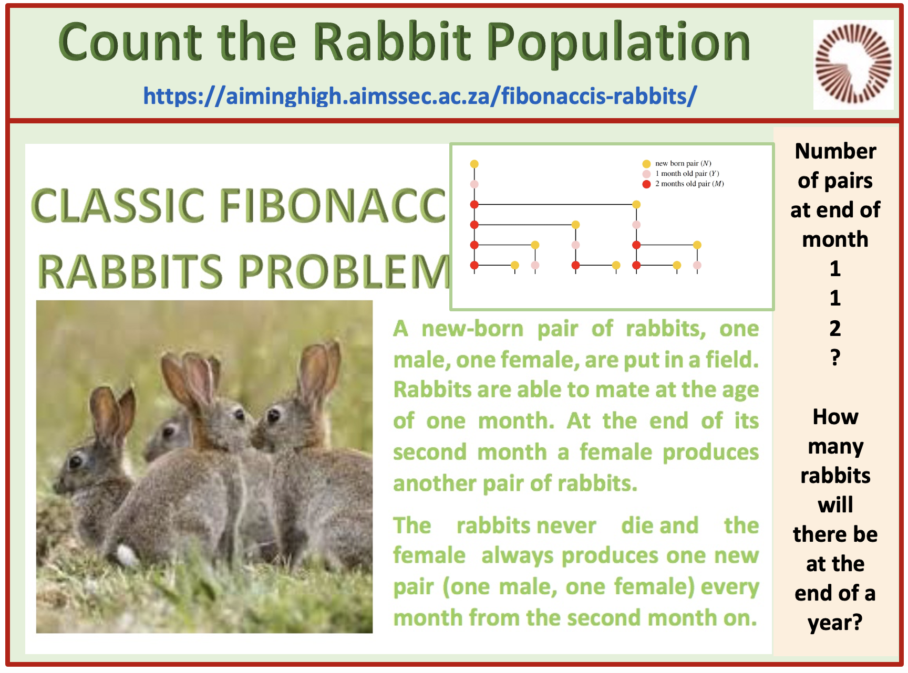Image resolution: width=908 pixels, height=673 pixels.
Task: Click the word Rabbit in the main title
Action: (x=393, y=42)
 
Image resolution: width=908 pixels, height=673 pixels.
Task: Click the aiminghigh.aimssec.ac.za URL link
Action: (x=420, y=96)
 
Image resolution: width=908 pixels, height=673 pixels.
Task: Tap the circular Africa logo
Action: (x=853, y=64)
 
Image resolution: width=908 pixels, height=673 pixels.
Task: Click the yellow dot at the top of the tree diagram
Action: (x=474, y=164)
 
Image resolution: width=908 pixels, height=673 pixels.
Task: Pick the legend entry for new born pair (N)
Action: (x=677, y=164)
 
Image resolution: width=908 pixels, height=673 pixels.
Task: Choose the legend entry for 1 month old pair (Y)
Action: (x=680, y=174)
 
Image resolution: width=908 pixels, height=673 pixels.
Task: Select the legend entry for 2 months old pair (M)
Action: (x=683, y=184)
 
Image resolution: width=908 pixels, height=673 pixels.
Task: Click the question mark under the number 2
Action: (x=835, y=357)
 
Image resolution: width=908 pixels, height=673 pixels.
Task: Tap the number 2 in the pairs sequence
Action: (x=835, y=328)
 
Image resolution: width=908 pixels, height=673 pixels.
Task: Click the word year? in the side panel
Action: (x=835, y=623)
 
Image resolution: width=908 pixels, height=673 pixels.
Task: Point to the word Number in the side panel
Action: (x=835, y=151)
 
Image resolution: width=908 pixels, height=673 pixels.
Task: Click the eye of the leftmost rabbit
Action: (x=76, y=461)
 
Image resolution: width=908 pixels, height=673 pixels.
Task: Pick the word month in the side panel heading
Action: (x=835, y=239)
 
